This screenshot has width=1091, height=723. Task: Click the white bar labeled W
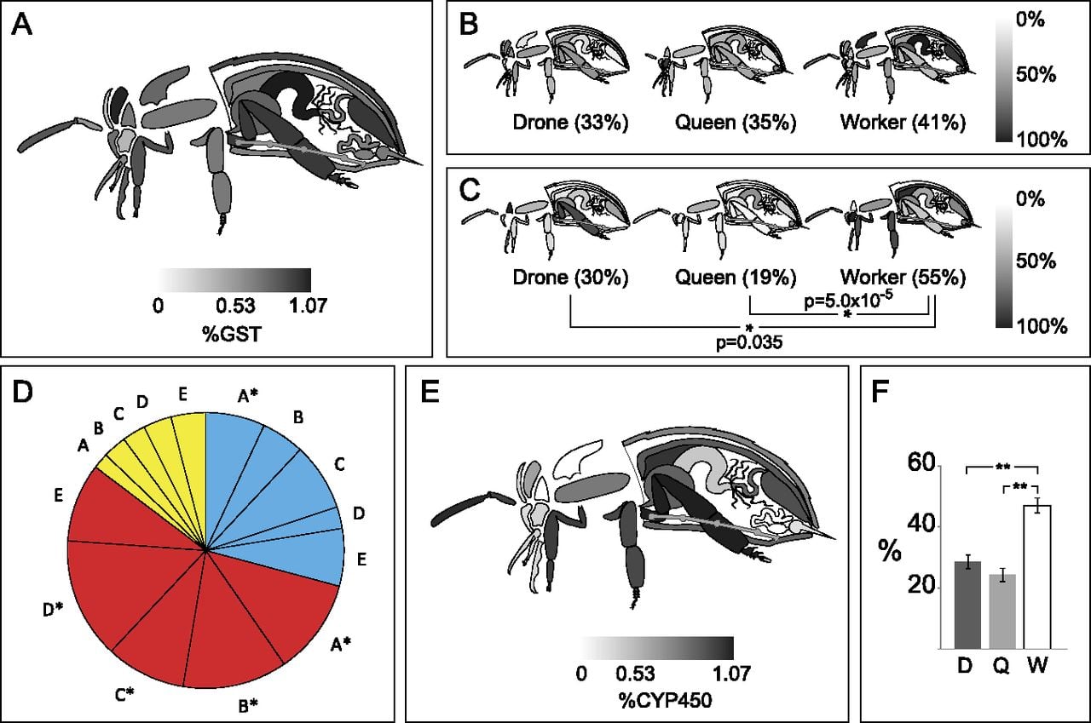1037,577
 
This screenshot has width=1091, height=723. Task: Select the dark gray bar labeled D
967,605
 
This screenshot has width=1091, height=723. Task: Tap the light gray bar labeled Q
1002,611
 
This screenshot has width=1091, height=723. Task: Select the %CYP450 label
666,701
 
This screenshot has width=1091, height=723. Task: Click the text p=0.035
749,342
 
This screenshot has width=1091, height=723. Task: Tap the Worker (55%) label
903,278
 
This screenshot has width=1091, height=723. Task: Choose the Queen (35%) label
736,122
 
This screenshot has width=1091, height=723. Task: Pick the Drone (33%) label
570,122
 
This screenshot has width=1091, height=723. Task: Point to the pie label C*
124,695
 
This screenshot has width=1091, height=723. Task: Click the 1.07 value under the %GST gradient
308,307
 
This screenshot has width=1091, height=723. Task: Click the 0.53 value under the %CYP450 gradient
635,674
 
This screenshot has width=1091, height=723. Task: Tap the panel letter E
430,392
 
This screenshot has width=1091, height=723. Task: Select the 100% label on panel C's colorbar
1042,326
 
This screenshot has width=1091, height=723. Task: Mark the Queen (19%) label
736,278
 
